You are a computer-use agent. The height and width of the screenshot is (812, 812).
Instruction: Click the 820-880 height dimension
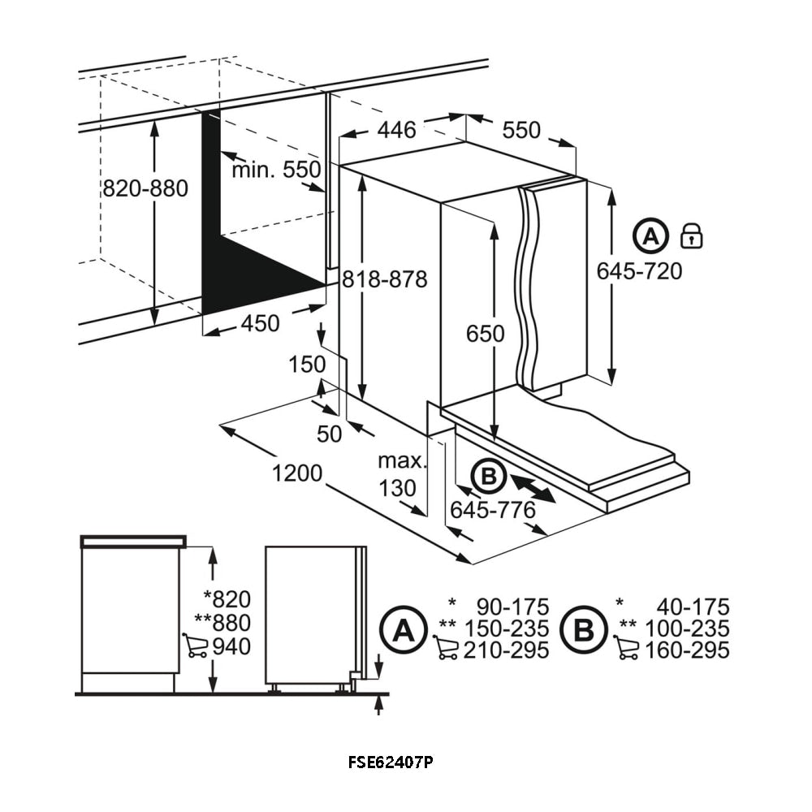145,189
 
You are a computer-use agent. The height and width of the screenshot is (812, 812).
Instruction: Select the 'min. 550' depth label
276,170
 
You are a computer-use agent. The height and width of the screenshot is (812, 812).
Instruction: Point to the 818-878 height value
385,280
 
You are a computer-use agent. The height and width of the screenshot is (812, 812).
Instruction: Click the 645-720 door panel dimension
639,271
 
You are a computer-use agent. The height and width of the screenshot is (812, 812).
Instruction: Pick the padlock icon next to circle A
692,235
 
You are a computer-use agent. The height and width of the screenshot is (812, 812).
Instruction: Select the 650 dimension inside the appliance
485,333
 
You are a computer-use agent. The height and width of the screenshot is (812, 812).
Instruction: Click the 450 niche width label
260,323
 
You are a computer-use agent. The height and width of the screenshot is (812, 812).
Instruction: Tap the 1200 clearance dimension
297,473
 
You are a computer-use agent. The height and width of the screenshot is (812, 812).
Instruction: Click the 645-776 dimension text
493,510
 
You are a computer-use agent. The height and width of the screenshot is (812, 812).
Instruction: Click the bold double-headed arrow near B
533,489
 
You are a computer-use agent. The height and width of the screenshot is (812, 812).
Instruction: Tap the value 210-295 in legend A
506,650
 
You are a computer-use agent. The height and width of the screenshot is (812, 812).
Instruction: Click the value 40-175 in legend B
693,607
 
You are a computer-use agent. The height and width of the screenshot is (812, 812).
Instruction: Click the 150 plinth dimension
307,365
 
